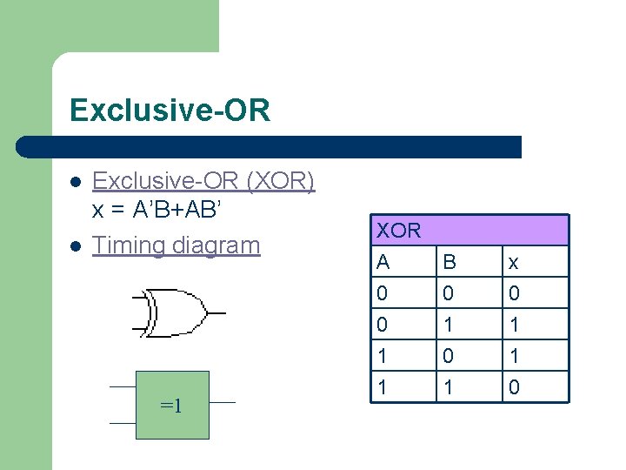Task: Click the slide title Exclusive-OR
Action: [170, 111]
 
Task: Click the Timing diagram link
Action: [176, 245]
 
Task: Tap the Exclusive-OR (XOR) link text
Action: [203, 181]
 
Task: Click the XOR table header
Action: [469, 231]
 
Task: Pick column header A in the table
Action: [383, 262]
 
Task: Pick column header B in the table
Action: [449, 262]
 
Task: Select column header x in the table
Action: [514, 262]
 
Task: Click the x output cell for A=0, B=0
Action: [514, 293]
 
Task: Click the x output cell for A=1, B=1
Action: [514, 387]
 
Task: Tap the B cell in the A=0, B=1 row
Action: [449, 325]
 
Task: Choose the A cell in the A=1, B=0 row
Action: [383, 356]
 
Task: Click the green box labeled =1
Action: [172, 405]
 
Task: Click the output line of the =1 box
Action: [223, 402]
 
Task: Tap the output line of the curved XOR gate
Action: [216, 312]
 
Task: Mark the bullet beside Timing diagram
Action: [76, 246]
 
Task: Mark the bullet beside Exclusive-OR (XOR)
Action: [76, 182]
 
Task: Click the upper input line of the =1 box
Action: [122, 386]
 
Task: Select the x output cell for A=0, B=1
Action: [514, 325]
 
